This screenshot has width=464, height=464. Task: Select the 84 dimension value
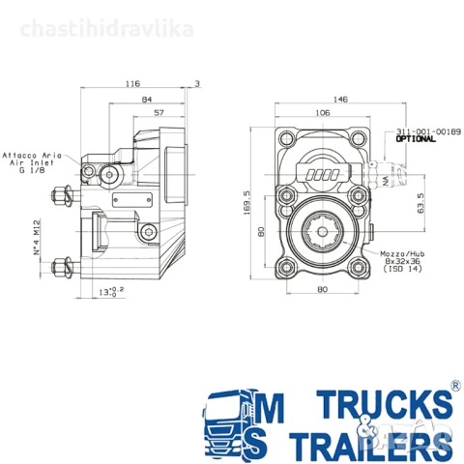[146, 99]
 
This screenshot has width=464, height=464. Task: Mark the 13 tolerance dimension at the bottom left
[113, 290]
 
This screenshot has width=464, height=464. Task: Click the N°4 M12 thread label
[37, 235]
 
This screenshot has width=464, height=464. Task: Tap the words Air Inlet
[26, 163]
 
